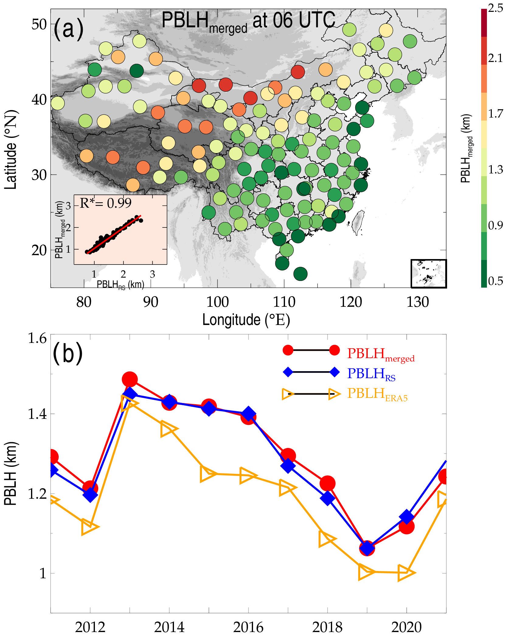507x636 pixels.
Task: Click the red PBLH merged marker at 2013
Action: coord(130,379)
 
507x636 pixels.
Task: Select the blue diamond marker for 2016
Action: coord(248,414)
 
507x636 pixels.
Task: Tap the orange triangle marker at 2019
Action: coord(366,572)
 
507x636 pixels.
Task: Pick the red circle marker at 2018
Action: coord(328,483)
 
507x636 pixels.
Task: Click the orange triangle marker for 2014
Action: coord(168,429)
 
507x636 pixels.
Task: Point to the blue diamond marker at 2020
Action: coord(407,517)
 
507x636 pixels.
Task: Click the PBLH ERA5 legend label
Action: coord(377,394)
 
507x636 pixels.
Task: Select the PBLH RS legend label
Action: coord(371,374)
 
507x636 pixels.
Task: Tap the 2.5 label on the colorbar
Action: coord(495,8)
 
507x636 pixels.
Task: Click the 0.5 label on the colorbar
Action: coord(495,281)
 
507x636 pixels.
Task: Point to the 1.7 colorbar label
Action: coord(495,114)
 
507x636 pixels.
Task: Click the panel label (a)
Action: coord(68,29)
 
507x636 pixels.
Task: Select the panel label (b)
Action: coord(68,353)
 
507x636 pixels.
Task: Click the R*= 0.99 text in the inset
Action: coord(106,203)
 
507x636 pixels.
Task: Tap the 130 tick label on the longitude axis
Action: coord(418,302)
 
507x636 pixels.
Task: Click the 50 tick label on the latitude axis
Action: coord(39,24)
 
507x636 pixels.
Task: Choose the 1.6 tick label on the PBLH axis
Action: coord(37,338)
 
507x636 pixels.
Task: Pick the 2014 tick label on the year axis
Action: coord(169,627)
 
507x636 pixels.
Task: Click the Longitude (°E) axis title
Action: coord(246,320)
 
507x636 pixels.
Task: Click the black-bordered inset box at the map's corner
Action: coord(429,274)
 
